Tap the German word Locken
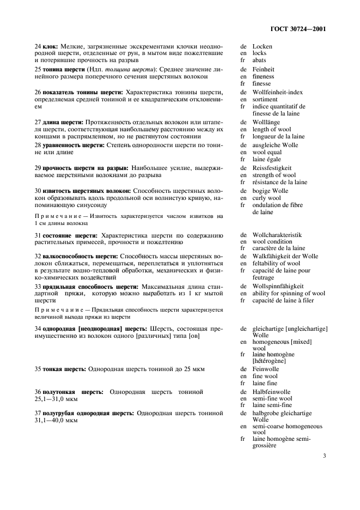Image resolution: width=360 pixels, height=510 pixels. click(x=263, y=47)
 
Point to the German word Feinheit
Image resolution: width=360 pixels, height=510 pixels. click(x=264, y=70)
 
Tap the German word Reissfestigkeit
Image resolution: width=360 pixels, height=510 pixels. click(x=273, y=168)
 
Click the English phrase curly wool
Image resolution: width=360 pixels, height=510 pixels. click(x=267, y=198)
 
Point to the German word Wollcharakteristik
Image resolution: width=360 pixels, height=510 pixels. click(x=277, y=235)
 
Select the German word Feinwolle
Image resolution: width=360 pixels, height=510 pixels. click(x=266, y=369)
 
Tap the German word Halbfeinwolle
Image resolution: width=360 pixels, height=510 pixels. click(x=271, y=392)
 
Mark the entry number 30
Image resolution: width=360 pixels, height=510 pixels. click(x=38, y=191)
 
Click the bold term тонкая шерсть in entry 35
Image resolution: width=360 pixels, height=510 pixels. click(x=64, y=369)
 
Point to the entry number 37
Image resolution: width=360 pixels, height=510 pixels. click(x=38, y=414)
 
